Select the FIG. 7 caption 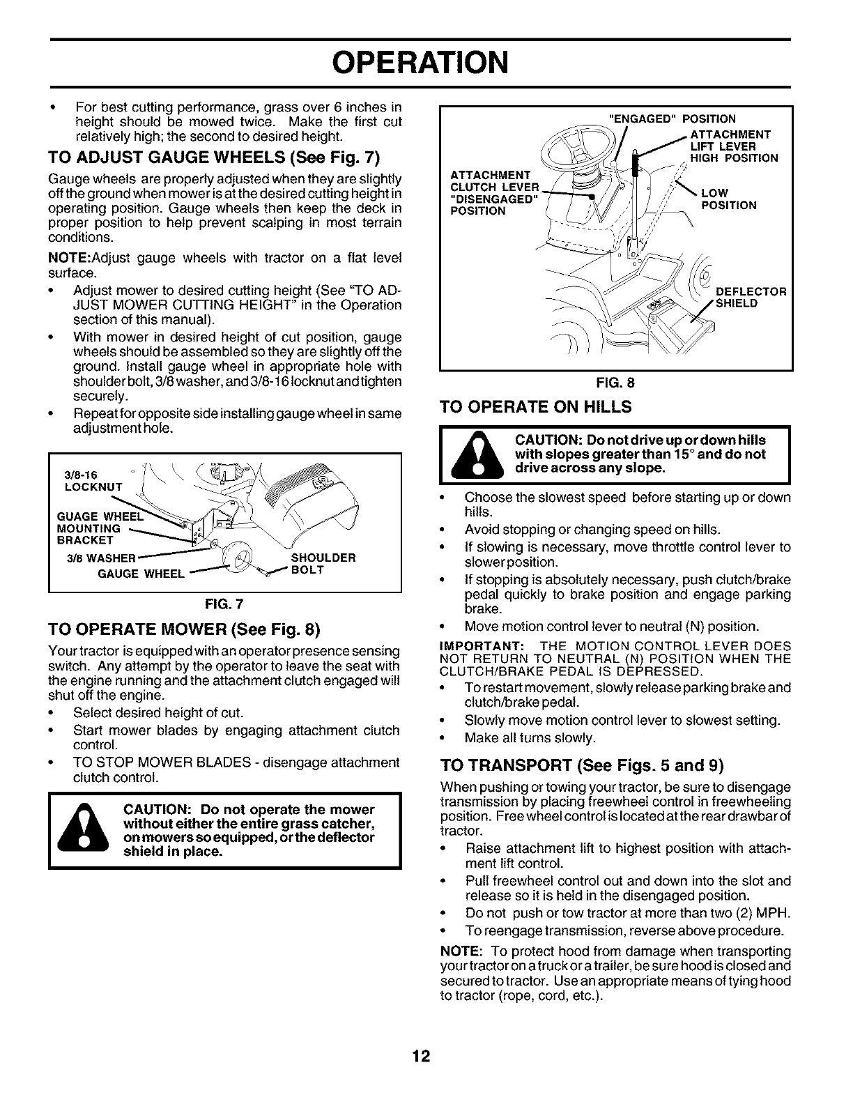click(x=225, y=602)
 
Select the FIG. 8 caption click(x=616, y=382)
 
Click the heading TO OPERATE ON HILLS click(x=536, y=407)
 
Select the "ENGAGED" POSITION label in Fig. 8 click(x=673, y=118)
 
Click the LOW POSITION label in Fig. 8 click(x=728, y=199)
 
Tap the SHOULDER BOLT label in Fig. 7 click(x=323, y=563)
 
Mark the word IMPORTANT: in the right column click(x=477, y=645)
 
